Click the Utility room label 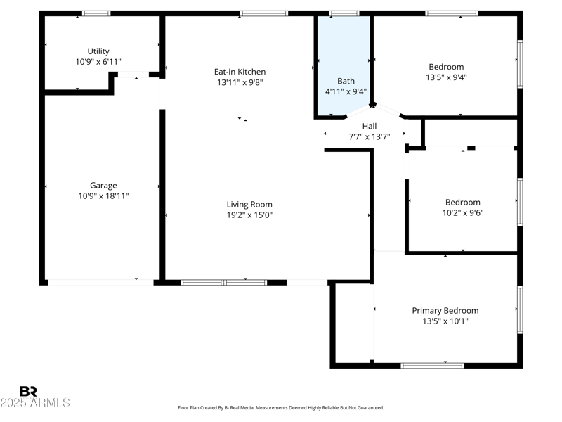tap(98, 51)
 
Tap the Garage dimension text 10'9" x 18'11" tap(103, 196)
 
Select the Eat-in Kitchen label tap(240, 72)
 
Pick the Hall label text tap(369, 126)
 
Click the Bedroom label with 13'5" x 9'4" tap(445, 67)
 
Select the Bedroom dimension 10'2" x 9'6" tap(462, 212)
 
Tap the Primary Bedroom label tap(445, 310)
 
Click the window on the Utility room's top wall tap(96, 13)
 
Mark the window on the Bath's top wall tap(344, 13)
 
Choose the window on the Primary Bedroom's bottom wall tap(432, 365)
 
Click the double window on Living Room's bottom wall tap(223, 282)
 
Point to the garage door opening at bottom tap(100, 282)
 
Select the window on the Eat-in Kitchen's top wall tap(263, 13)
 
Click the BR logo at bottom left tap(28, 392)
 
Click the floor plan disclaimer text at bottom tap(281, 407)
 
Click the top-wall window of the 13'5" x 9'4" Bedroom tap(452, 13)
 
